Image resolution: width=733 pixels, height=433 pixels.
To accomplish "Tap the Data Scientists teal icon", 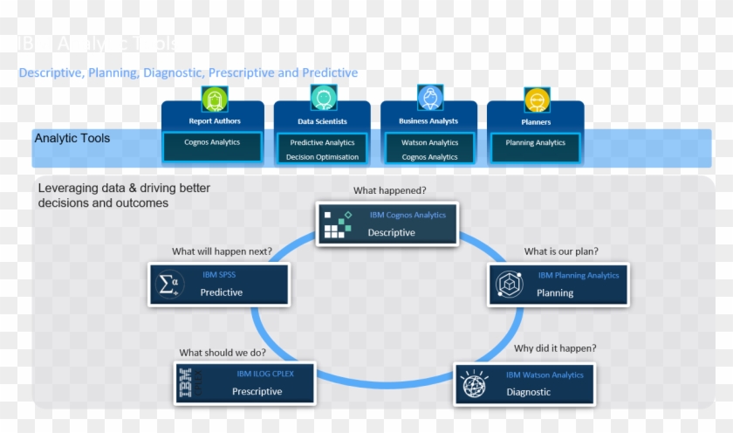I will coord(323,99).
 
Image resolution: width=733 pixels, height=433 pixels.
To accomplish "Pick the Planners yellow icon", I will coord(536,100).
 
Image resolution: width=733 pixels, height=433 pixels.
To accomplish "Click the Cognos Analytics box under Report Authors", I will coord(212,142).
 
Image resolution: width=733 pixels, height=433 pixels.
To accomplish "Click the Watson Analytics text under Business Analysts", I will coord(429,142).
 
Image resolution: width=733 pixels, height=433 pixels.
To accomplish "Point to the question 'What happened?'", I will coord(389,190).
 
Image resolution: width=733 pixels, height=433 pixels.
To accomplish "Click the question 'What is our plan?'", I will coord(561,251).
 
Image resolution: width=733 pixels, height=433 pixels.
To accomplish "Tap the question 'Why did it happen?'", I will coord(555,348).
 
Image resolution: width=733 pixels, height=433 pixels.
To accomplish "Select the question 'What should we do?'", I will coord(223,353).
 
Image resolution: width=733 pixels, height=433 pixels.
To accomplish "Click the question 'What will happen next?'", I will coord(222,251).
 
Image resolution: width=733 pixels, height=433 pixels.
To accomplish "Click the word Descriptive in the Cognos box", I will coord(391,233).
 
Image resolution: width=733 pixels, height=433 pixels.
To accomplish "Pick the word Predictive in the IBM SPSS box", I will coord(222,292).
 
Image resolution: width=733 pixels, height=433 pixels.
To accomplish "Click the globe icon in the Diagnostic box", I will coord(474,384).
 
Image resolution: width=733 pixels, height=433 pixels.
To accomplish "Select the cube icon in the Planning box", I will coord(509,285).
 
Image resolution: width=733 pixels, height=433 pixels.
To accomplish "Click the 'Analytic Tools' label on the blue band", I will coord(72,138).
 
